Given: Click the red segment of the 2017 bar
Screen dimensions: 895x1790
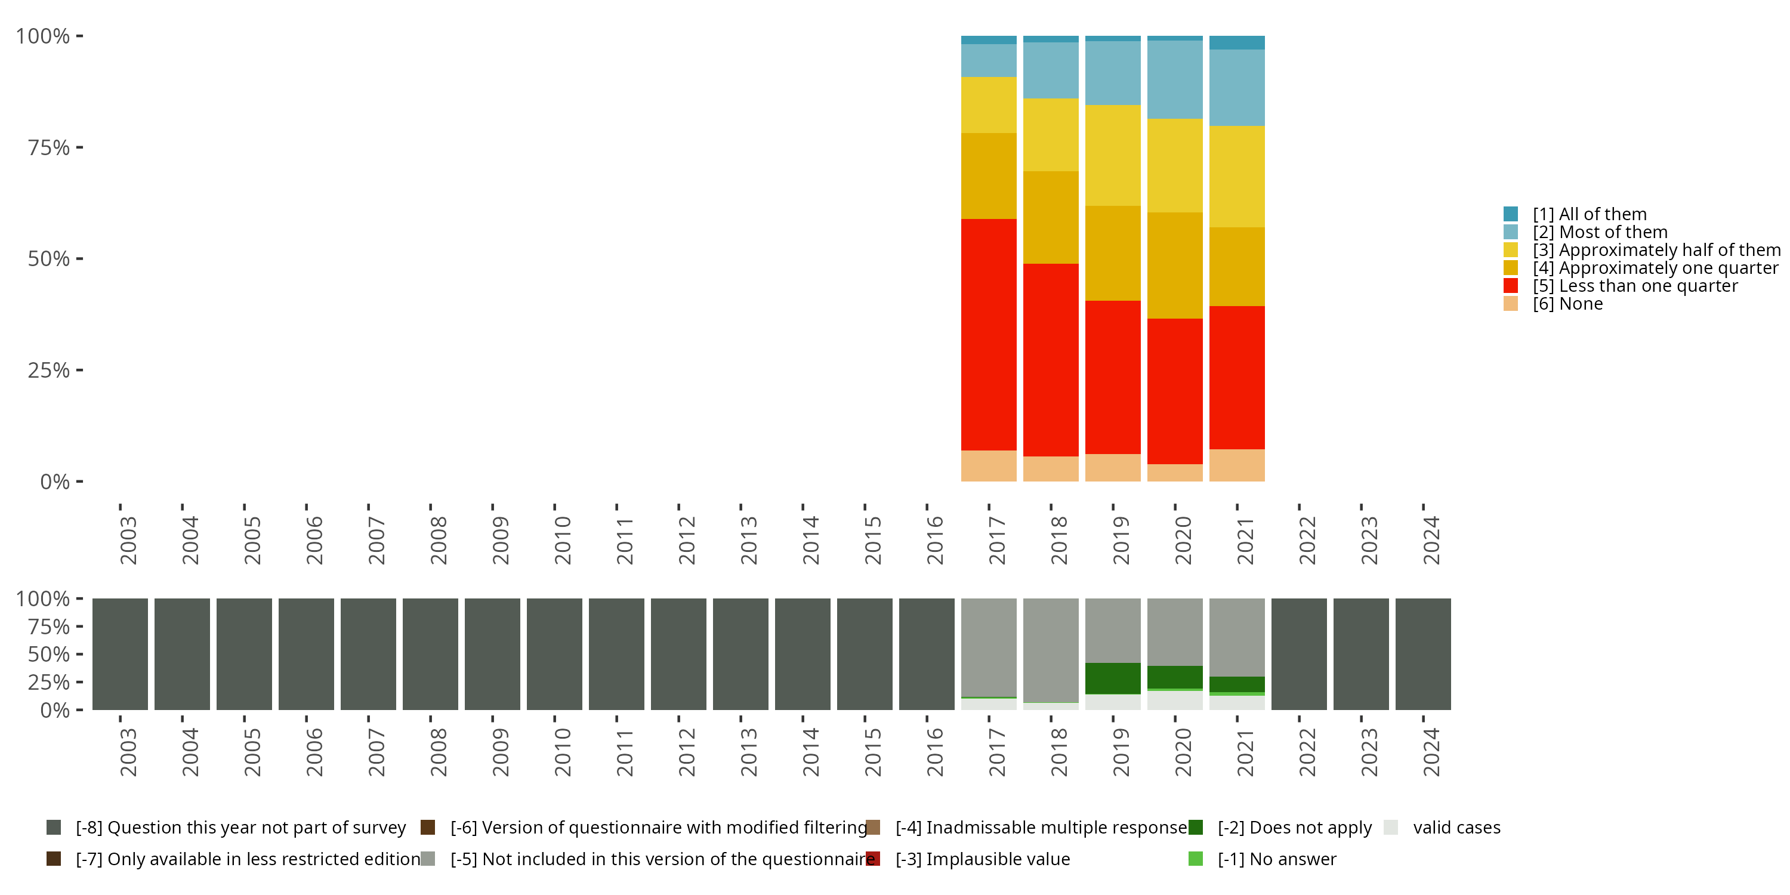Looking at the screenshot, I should click(x=988, y=334).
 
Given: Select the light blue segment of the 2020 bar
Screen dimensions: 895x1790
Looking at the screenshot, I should click(x=1174, y=79).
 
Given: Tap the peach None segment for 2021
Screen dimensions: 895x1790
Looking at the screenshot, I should click(x=1236, y=465).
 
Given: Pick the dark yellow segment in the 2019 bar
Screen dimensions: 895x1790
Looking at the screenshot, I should click(x=1113, y=253).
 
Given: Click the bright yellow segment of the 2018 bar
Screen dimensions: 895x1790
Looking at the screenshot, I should click(x=1051, y=134).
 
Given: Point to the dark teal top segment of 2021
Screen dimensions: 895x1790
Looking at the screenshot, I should click(x=1236, y=42).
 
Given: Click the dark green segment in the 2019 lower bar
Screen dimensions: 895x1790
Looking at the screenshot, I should click(x=1113, y=678).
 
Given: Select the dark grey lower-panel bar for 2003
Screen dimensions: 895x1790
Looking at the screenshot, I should click(x=119, y=654).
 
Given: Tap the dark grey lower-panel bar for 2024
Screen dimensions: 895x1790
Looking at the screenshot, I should click(x=1422, y=654).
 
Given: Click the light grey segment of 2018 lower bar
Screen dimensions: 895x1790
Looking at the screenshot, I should click(x=1051, y=650).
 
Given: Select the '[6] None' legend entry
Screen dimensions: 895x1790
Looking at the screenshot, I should click(x=1567, y=304).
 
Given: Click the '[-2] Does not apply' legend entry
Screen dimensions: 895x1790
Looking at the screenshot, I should click(x=1294, y=828).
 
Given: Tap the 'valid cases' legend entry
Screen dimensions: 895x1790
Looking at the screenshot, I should click(x=1456, y=828).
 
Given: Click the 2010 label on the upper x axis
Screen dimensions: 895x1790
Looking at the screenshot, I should click(x=562, y=540).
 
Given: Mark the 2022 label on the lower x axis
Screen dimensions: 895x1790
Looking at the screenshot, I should click(x=1307, y=752).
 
